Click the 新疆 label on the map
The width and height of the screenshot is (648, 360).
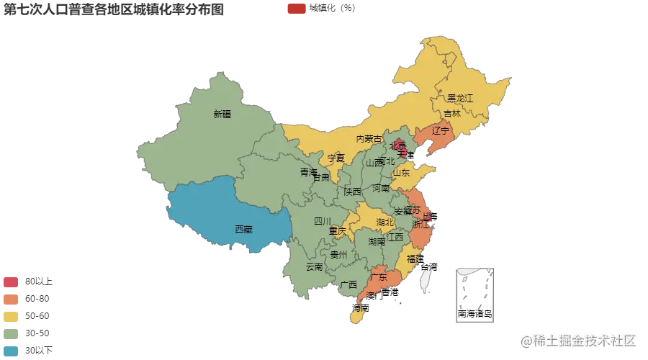click(x=222, y=114)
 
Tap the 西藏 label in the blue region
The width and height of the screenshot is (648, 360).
click(x=243, y=230)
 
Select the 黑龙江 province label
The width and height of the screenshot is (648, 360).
click(x=460, y=98)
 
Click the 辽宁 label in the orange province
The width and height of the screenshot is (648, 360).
click(x=441, y=131)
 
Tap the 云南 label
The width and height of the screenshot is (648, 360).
click(x=314, y=266)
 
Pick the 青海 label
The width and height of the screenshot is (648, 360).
click(x=309, y=173)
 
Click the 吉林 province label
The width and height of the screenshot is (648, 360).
click(x=452, y=114)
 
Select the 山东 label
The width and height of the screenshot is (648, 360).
click(x=401, y=173)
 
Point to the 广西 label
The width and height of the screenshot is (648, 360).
click(x=348, y=284)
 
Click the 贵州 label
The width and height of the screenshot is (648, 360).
click(x=338, y=255)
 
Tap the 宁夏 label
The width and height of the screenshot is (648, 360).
click(x=336, y=158)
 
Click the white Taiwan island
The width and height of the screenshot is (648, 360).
click(x=425, y=276)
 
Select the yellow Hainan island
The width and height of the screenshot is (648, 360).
click(x=356, y=316)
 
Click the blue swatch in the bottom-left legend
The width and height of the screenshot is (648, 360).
click(x=12, y=351)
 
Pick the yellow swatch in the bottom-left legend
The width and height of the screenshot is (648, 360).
click(x=12, y=317)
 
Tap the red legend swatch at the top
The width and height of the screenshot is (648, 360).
click(x=296, y=9)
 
